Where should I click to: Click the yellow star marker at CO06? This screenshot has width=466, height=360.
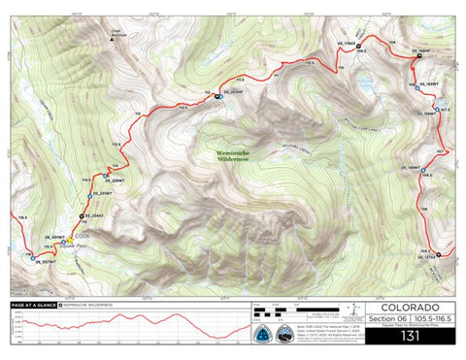click(70, 236)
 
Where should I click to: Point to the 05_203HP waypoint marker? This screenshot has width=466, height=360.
click(219, 95)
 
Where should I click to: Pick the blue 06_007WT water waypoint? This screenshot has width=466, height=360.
click(28, 258)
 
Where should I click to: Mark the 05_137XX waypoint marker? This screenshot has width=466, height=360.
click(440, 255)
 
